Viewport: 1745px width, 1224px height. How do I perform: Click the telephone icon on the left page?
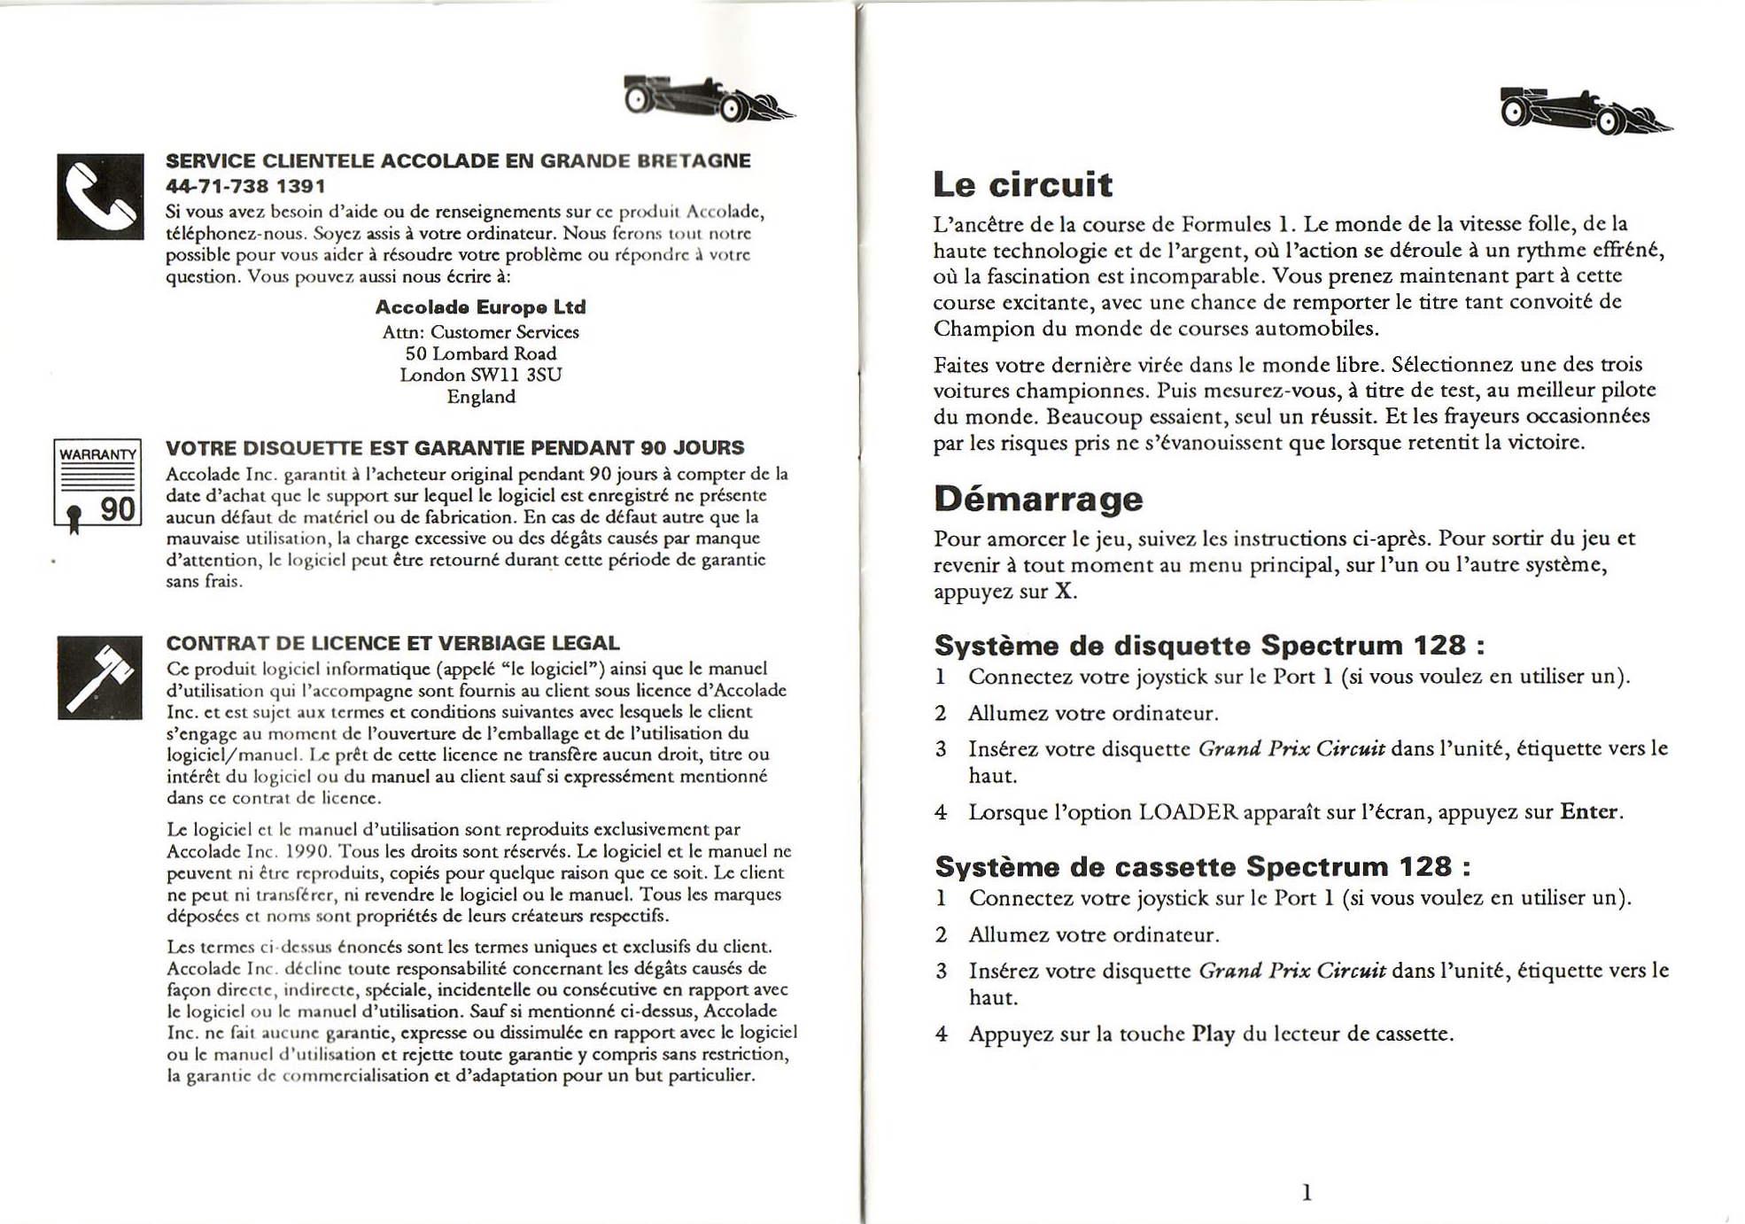point(100,197)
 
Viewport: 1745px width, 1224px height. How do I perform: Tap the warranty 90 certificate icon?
point(97,484)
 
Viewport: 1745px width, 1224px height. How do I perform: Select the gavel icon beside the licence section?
point(100,678)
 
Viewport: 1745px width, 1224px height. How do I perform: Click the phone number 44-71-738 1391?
point(245,186)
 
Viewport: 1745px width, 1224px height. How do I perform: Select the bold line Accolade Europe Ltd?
point(480,307)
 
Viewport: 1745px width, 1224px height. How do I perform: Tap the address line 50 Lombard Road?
point(480,353)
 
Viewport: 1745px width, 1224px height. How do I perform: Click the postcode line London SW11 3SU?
point(480,375)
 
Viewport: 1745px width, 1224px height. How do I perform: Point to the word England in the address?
point(480,397)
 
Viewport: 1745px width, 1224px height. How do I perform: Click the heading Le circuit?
point(1022,184)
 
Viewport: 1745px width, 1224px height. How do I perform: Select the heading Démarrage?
point(1038,499)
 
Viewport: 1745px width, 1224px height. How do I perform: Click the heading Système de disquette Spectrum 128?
point(1209,645)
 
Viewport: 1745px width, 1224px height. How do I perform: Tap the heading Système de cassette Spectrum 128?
point(1202,865)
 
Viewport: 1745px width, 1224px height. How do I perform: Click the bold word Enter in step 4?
point(1589,812)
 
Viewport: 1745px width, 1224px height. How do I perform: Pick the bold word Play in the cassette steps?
point(1213,1034)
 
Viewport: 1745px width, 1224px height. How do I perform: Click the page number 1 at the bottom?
point(1307,1193)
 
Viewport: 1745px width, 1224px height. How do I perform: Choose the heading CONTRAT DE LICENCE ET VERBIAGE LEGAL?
point(392,643)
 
